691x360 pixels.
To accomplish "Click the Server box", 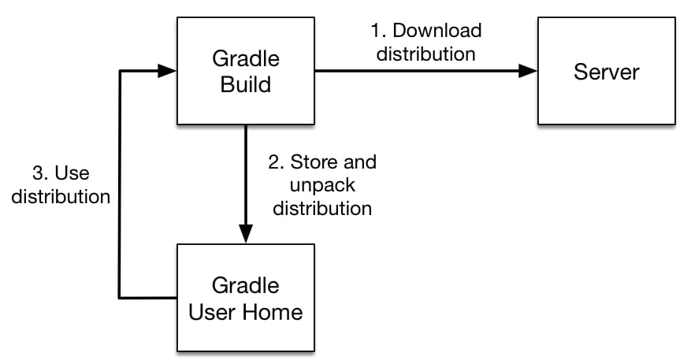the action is (x=607, y=71).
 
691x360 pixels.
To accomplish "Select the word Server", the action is (x=607, y=72).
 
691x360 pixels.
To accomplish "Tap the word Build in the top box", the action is (x=246, y=84).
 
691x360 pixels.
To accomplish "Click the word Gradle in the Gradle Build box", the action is (x=246, y=58).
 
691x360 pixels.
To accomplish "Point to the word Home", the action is (x=273, y=312).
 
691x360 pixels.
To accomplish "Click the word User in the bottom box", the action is (x=213, y=312).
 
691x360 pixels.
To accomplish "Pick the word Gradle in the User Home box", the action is (x=246, y=285).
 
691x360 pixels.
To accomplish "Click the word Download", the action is (x=437, y=31).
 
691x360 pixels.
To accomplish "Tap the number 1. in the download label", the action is (x=378, y=31).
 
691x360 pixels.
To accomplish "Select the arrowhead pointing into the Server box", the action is (x=528, y=70).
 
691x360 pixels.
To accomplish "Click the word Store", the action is (x=314, y=162).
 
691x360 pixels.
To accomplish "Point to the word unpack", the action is (x=322, y=186).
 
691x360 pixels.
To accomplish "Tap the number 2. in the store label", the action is (x=277, y=162).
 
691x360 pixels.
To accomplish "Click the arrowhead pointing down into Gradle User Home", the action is (x=246, y=233).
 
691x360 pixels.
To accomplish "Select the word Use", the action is (x=72, y=173).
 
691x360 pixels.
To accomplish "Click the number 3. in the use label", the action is (x=40, y=173).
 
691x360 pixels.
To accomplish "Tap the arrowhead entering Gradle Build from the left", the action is (x=167, y=70).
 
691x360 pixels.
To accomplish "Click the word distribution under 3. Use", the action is (x=61, y=196).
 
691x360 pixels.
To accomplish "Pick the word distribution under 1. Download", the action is (x=426, y=54).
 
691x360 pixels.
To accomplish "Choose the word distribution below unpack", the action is (x=322, y=209).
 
